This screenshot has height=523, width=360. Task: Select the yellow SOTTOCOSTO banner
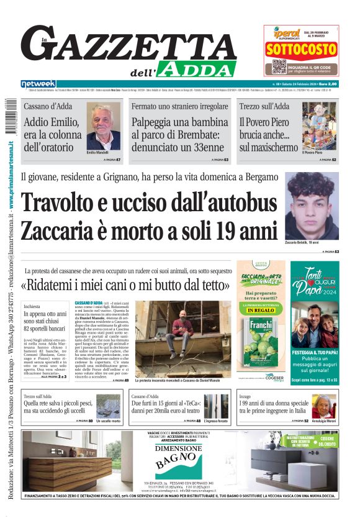point(300,50)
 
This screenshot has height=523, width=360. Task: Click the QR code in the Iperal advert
point(279,66)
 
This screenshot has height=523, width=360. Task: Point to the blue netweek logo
point(38,84)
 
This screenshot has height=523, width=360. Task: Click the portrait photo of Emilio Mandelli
point(103,127)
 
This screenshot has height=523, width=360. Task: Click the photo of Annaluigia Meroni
point(323,406)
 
